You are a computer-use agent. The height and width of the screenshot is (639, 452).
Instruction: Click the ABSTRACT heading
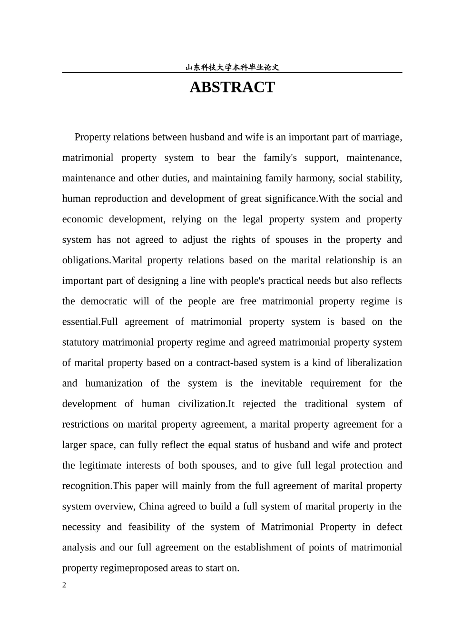point(232,87)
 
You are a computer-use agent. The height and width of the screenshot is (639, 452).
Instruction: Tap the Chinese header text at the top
point(232,68)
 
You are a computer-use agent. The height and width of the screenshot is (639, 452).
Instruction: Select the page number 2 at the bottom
point(64,585)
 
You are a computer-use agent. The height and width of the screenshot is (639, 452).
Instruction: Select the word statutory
point(81,342)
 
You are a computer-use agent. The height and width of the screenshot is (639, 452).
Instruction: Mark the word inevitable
point(282,383)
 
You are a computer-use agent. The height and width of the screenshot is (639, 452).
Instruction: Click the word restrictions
point(86,424)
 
